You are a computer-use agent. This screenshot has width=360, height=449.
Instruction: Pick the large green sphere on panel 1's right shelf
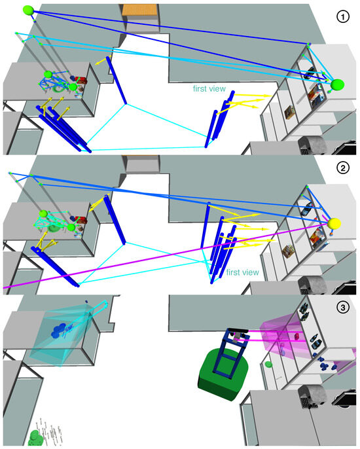click(x=338, y=84)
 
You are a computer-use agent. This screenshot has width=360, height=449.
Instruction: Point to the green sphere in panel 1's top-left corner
click(x=28, y=10)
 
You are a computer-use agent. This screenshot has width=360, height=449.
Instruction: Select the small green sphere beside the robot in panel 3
click(x=268, y=363)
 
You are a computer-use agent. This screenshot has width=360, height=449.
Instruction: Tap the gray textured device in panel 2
click(x=312, y=285)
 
